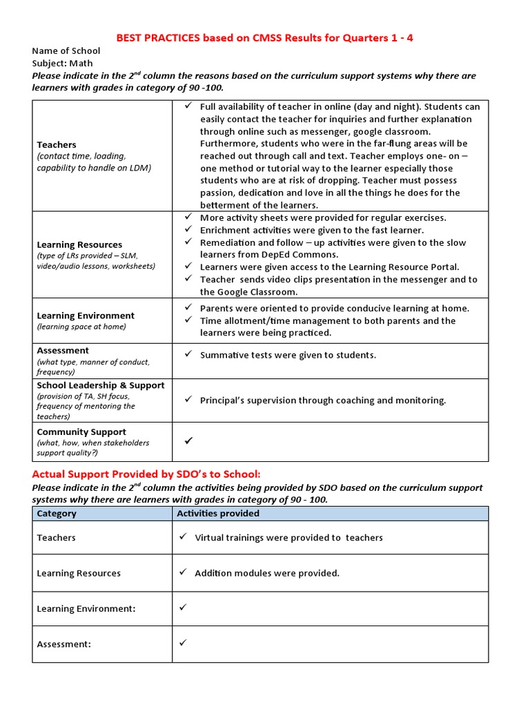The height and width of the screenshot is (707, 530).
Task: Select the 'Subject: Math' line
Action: (62, 64)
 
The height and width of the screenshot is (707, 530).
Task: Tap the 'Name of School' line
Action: (66, 50)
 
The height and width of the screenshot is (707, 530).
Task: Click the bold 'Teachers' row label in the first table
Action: (57, 145)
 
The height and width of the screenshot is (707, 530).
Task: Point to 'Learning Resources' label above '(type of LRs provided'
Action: (79, 244)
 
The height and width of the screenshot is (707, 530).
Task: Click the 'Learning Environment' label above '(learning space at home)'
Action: (86, 316)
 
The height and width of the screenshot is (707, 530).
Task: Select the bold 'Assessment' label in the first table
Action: (63, 351)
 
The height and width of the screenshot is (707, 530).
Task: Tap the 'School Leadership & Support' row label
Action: (101, 385)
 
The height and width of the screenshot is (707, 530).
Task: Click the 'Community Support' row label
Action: (81, 432)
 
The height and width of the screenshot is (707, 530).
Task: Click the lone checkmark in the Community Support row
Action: (188, 440)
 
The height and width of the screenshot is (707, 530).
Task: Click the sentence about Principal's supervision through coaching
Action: (323, 400)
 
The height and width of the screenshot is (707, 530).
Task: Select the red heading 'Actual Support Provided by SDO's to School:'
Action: (147, 474)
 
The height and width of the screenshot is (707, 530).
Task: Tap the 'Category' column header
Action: (57, 514)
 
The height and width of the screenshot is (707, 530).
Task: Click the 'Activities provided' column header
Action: (218, 514)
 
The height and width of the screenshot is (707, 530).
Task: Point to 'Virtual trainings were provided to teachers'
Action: (288, 538)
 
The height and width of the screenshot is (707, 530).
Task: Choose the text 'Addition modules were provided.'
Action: (267, 573)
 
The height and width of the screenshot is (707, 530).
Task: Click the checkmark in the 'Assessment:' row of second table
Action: (183, 643)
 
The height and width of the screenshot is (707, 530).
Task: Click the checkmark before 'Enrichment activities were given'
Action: (188, 230)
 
